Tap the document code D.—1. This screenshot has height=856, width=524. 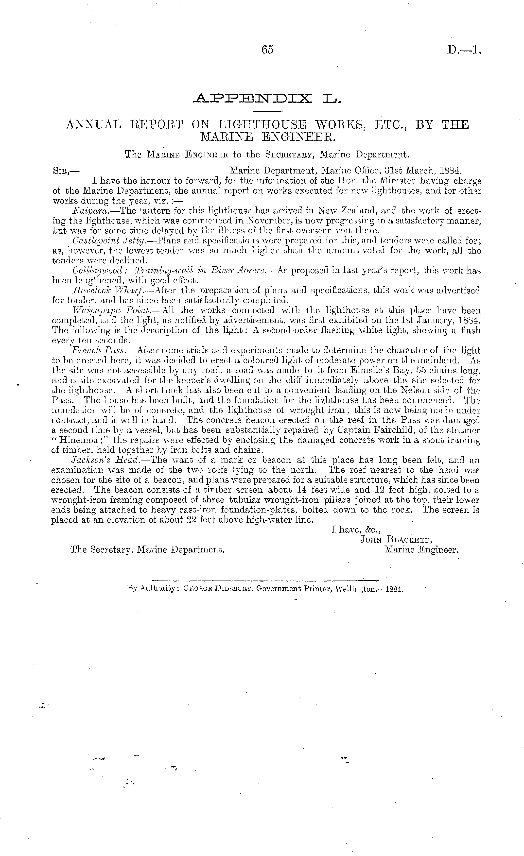click(464, 51)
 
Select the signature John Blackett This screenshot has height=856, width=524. click(396, 540)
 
